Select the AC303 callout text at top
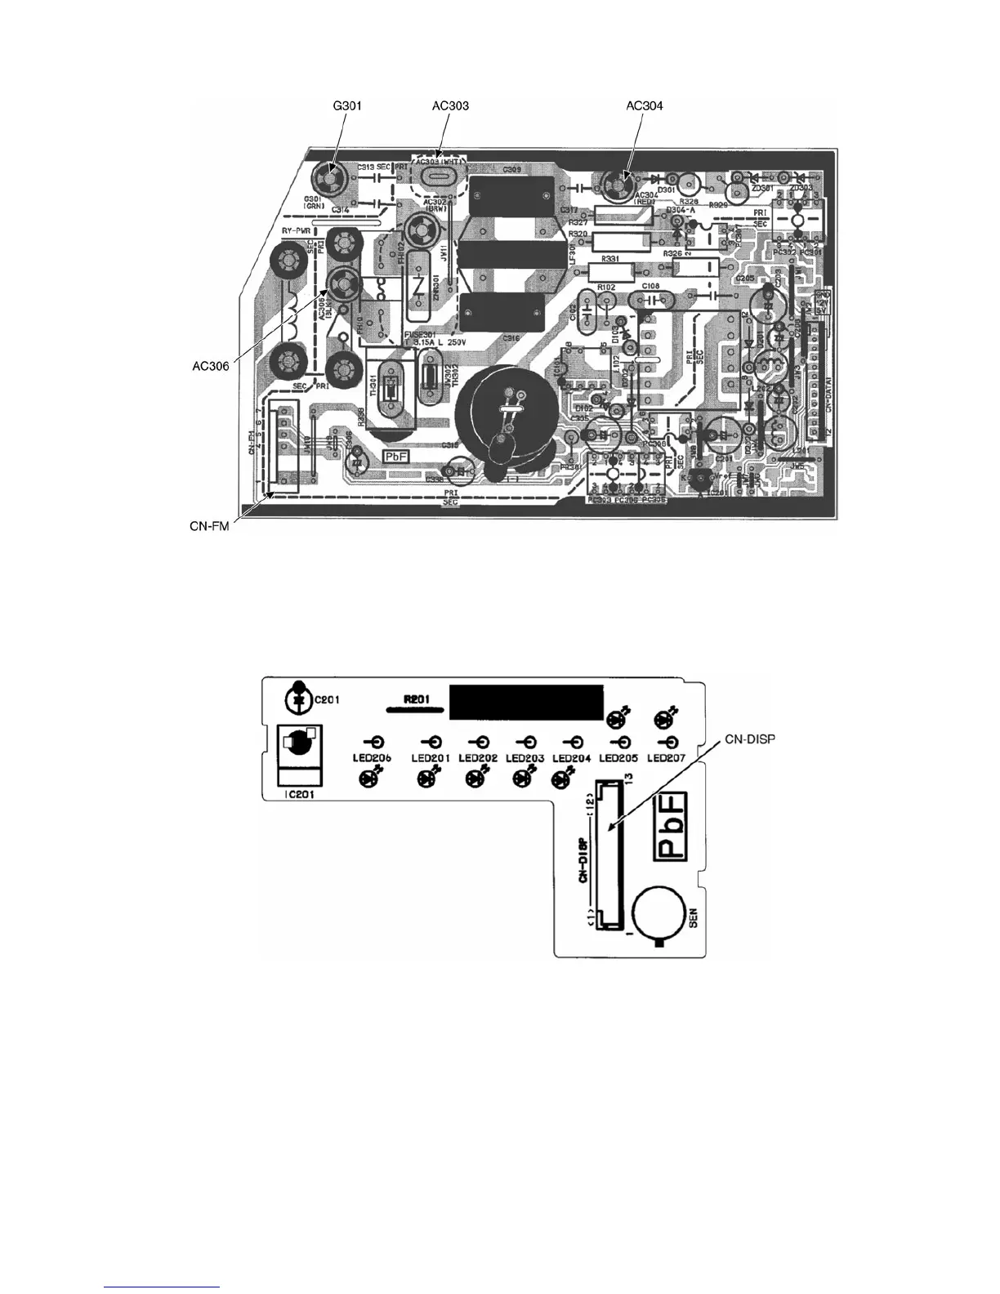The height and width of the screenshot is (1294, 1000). tap(450, 105)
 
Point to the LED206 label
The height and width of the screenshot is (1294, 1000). tap(373, 758)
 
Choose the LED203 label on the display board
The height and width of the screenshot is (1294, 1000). tap(525, 758)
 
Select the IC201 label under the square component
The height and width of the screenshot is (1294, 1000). tap(297, 793)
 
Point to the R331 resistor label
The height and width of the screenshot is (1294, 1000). tap(610, 258)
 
